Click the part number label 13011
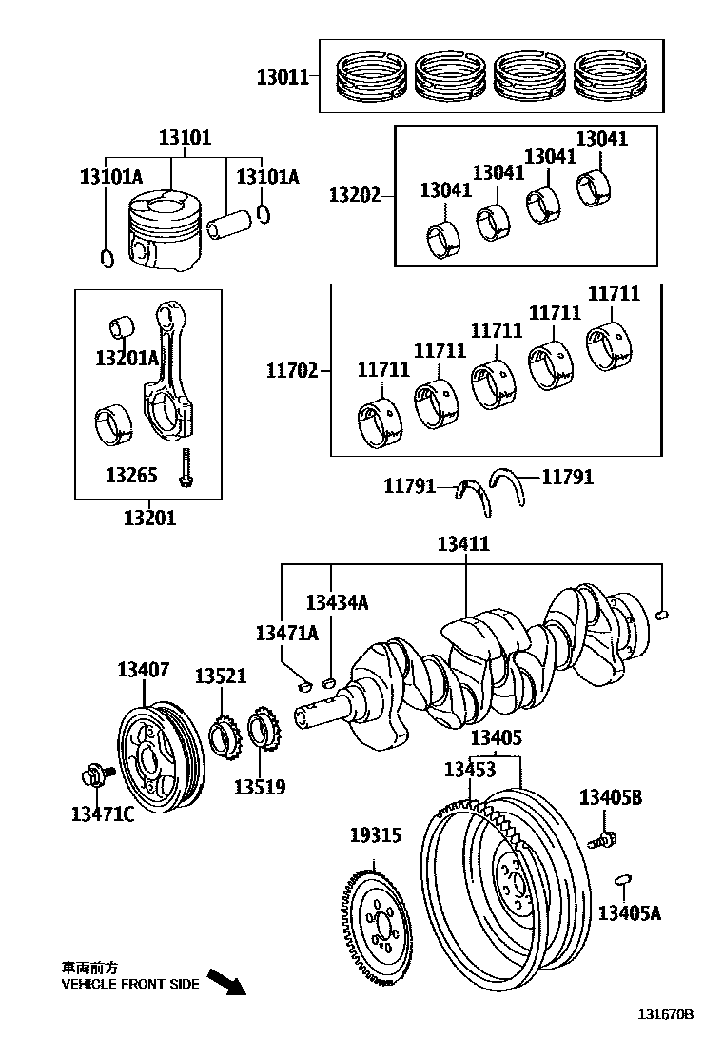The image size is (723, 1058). coord(283,77)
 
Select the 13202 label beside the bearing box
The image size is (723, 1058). coord(354,196)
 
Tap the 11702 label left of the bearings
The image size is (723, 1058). coord(291,370)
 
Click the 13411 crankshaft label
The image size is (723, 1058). coord(463,544)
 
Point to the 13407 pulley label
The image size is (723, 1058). coord(144,670)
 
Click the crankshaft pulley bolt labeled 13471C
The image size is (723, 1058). coord(96,775)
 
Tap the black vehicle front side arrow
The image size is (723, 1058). coord(226,982)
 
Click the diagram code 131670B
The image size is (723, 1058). coord(666,1041)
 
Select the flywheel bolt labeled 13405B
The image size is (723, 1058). coord(601,839)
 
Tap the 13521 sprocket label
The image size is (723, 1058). coord(221,676)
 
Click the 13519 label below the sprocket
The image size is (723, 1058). coord(260,788)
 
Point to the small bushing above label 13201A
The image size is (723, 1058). coord(121,328)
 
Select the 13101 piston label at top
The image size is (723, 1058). coord(185,137)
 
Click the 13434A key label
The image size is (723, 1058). coord(336,602)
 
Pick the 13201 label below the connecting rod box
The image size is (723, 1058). coord(149,519)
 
